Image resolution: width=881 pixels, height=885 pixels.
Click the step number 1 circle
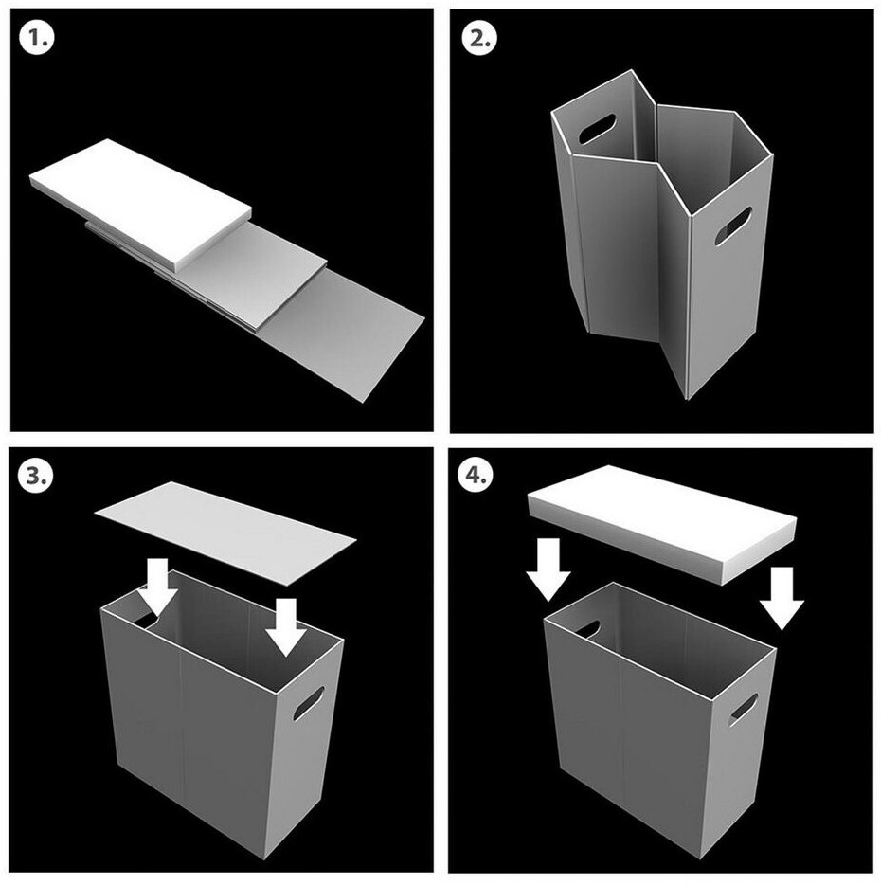coord(37,39)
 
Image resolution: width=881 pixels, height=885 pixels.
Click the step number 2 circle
coord(479,39)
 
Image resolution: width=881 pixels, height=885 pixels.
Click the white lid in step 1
coord(140,203)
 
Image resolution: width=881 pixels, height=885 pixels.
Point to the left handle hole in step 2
coord(597,128)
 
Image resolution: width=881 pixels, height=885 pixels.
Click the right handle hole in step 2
coord(733,226)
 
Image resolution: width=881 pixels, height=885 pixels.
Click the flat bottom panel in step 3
coord(225,532)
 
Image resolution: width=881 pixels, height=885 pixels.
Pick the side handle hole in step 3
coord(308,703)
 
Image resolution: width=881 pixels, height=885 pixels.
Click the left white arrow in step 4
coord(548,569)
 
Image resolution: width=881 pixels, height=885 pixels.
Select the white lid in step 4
coord(662,523)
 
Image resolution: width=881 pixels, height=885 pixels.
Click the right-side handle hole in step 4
coord(743,710)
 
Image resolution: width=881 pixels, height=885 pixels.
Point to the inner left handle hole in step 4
coord(587,628)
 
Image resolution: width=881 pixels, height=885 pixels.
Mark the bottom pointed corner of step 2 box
coord(686,399)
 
